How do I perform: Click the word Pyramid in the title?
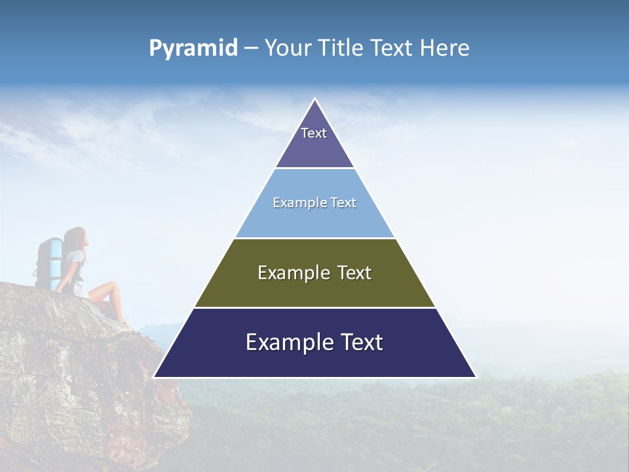[x=193, y=49]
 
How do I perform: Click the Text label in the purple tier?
[x=314, y=133]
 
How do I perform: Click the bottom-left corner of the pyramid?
[x=154, y=377]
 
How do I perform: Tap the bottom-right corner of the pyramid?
[x=476, y=377]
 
